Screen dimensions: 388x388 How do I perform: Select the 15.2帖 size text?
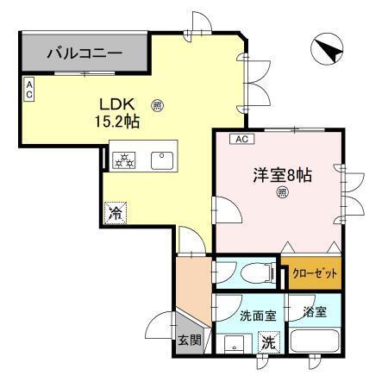pos(118,122)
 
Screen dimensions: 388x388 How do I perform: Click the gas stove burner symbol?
pos(123,159)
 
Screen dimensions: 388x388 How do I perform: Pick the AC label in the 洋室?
pos(241,139)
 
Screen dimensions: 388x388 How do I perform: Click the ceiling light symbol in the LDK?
pos(157,107)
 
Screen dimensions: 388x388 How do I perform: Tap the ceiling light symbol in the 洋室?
pos(281,194)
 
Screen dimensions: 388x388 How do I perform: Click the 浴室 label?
pos(315,311)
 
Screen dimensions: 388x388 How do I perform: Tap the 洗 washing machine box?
pos(268,341)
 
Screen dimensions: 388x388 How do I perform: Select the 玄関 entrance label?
pos(191,340)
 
